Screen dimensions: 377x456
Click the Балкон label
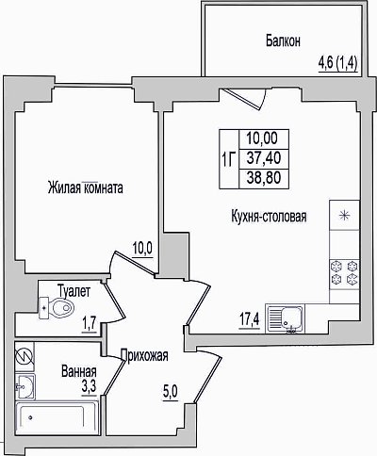click(x=283, y=41)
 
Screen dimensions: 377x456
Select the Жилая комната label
click(x=85, y=187)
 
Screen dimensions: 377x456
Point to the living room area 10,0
click(x=142, y=250)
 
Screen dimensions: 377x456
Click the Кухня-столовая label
click(x=269, y=217)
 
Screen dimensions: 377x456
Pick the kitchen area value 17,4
click(x=250, y=320)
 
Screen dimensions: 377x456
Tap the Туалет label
click(x=74, y=291)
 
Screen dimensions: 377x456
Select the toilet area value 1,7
click(x=90, y=325)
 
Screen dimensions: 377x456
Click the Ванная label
click(x=79, y=371)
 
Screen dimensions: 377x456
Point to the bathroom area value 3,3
click(x=89, y=386)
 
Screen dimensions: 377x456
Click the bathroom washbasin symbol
click(x=25, y=386)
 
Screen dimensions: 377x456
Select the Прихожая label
click(x=145, y=356)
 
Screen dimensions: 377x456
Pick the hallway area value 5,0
click(x=171, y=392)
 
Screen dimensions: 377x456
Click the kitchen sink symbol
click(x=285, y=318)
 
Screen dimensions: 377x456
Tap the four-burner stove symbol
click(x=344, y=272)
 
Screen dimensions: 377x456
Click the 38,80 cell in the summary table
click(x=264, y=178)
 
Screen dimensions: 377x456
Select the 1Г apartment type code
click(x=229, y=159)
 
